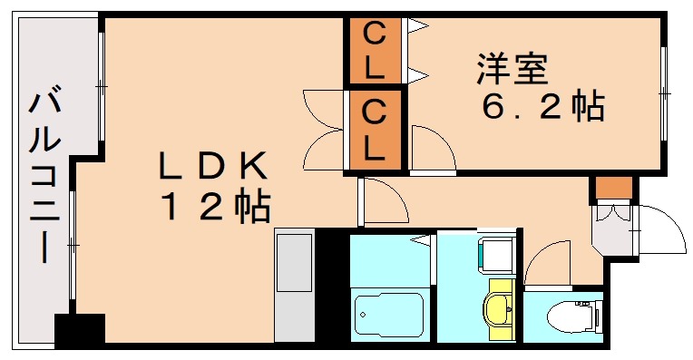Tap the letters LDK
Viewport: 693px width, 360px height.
pyautogui.click(x=213, y=166)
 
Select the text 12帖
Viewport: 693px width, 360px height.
pyautogui.click(x=216, y=209)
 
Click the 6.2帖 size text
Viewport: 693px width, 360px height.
pyautogui.click(x=542, y=108)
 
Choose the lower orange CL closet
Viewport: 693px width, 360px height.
pyautogui.click(x=375, y=130)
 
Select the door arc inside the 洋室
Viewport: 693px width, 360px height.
pyautogui.click(x=431, y=147)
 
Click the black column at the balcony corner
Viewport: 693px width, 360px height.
pyautogui.click(x=79, y=330)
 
